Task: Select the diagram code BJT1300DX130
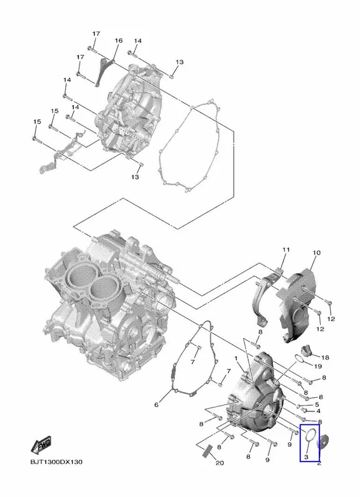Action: point(57,462)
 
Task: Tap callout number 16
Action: point(118,40)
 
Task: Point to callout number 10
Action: point(316,253)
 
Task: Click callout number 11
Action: point(286,250)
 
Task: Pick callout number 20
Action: point(220,463)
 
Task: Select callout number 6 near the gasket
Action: point(156,405)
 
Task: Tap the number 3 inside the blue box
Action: point(306,457)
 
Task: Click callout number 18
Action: point(325,358)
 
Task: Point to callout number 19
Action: point(318,367)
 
